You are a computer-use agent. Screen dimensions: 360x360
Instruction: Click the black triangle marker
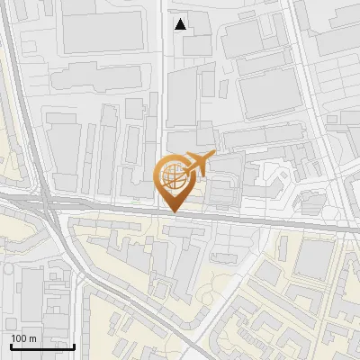(x=181, y=24)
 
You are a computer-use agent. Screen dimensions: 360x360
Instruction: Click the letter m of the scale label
(x=32, y=337)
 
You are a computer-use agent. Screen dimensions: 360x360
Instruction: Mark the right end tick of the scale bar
(x=74, y=346)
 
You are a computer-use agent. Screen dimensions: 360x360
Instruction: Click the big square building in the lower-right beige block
(x=315, y=259)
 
